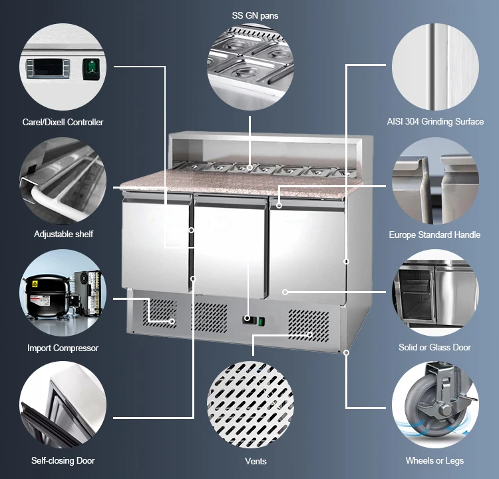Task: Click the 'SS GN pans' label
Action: (249, 15)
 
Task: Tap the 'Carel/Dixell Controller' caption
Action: (64, 122)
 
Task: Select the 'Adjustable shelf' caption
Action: (64, 235)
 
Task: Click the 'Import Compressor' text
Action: (63, 348)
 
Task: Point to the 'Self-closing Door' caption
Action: (63, 460)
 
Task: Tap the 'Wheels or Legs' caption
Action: (434, 460)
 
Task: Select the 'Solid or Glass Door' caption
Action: (434, 347)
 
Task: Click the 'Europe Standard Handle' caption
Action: (434, 235)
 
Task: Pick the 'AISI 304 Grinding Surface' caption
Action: (435, 122)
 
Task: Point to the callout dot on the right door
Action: (285, 292)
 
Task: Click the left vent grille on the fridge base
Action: (162, 314)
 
